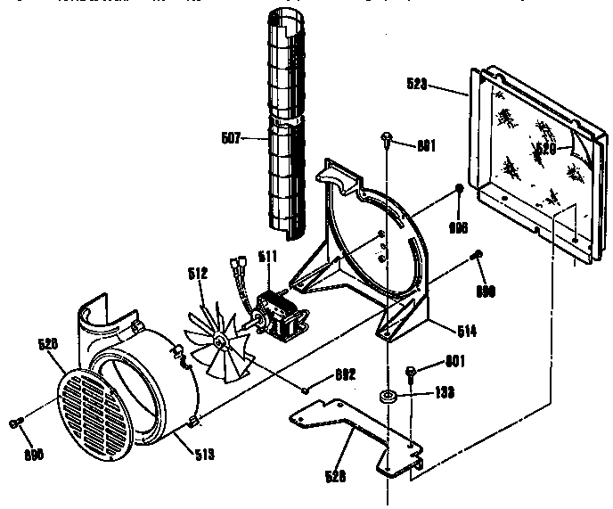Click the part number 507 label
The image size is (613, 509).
tap(229, 137)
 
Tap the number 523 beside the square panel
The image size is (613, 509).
tap(416, 86)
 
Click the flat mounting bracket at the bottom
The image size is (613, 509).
tap(356, 430)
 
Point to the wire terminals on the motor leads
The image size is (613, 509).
tap(236, 265)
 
